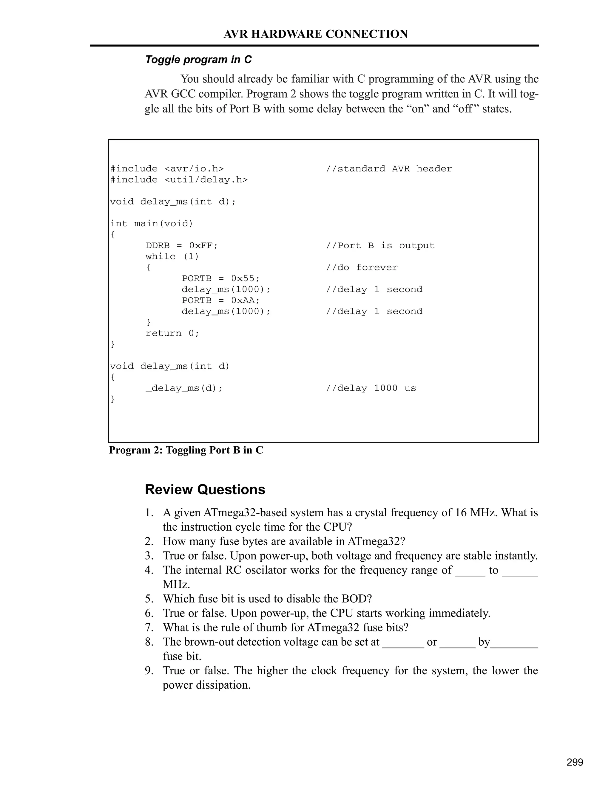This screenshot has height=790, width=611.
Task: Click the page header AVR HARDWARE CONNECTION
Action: [316, 34]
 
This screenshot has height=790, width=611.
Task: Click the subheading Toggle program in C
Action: [198, 60]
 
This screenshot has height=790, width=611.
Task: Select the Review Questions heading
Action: [205, 490]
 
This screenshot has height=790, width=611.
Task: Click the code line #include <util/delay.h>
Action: [179, 180]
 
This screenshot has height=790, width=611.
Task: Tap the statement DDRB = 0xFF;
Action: [182, 246]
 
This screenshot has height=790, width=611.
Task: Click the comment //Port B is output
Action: [380, 246]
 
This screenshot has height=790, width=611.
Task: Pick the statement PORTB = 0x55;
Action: [221, 278]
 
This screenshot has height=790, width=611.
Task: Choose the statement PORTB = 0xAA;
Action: [221, 300]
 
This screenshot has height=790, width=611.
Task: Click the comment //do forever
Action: [362, 268]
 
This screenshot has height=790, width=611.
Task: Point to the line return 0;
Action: [172, 334]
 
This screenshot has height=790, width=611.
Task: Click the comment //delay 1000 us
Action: [371, 388]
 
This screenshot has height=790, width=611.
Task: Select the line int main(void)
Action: [152, 224]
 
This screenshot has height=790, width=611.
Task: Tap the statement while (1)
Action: [172, 257]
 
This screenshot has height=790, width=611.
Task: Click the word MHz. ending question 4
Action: [176, 585]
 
